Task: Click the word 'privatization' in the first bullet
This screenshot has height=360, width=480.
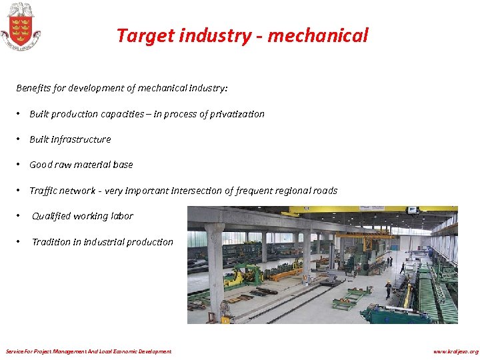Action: (x=238, y=114)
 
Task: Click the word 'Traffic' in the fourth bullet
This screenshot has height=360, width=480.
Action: (x=44, y=191)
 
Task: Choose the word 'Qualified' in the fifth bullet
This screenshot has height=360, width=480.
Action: (x=51, y=216)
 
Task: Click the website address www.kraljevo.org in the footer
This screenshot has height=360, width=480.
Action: (x=455, y=351)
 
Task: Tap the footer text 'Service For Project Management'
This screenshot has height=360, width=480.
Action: (x=47, y=351)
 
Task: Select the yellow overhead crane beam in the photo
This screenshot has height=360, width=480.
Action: (x=373, y=210)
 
